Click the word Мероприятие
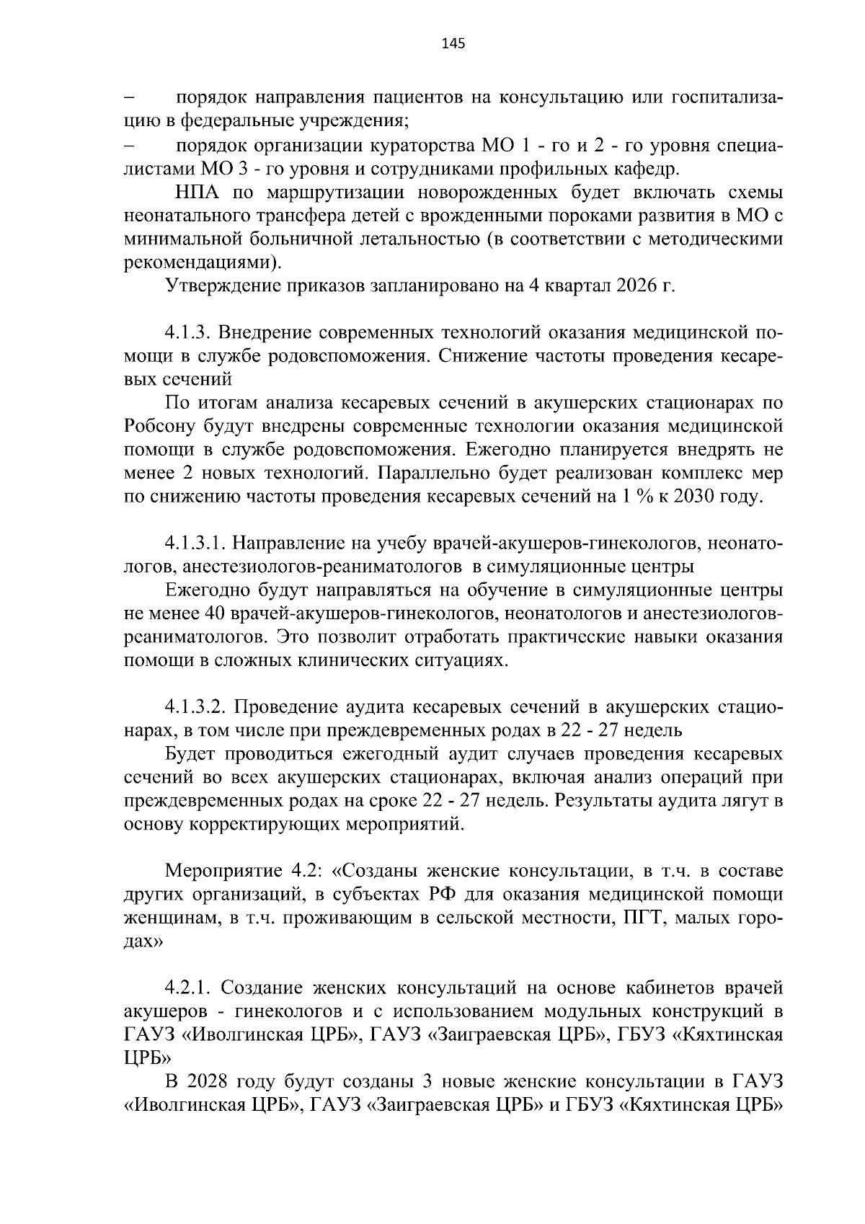226,871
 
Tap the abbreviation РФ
444,895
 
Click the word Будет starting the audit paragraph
190,754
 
